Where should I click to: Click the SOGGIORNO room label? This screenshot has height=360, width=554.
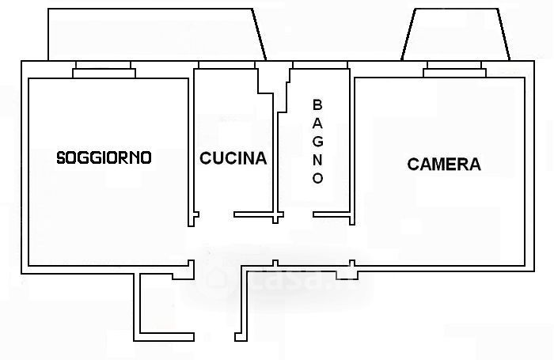pyautogui.click(x=104, y=157)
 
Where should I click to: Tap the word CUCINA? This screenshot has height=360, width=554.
pyautogui.click(x=233, y=158)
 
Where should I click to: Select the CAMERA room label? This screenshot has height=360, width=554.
pyautogui.click(x=443, y=165)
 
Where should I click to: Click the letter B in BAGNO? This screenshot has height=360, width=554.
pyautogui.click(x=317, y=104)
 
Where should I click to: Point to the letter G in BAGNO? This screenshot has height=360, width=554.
pyautogui.click(x=317, y=141)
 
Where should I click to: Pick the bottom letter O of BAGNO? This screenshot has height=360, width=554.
pyautogui.click(x=317, y=179)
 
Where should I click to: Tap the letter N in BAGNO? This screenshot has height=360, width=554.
pyautogui.click(x=317, y=160)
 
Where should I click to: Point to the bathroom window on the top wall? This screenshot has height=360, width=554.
pyautogui.click(x=319, y=64)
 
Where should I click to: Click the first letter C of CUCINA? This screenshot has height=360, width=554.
pyautogui.click(x=205, y=158)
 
